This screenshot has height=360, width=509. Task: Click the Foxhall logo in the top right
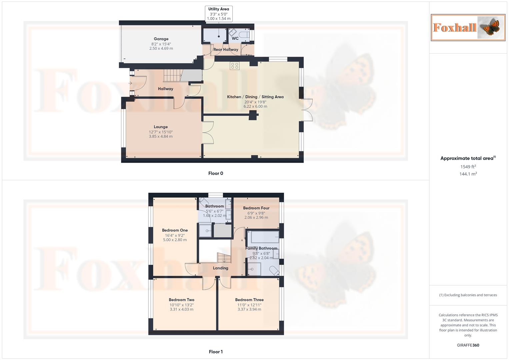tap(468, 28)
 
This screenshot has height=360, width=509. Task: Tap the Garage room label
tap(161, 39)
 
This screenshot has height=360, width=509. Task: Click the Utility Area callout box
tap(219, 14)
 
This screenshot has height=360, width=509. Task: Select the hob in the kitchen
tap(234, 66)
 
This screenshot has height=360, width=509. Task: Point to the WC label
tap(235, 38)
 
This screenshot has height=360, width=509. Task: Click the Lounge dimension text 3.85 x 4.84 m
tap(161, 136)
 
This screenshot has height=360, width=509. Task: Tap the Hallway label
tap(165, 89)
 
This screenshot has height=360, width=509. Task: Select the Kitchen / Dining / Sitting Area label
tap(255, 97)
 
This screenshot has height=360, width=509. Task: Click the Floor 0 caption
tap(216, 173)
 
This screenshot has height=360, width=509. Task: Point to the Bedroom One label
tap(175, 230)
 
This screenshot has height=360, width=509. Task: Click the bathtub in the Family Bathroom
tap(265, 237)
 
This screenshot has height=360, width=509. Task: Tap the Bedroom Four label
tap(256, 208)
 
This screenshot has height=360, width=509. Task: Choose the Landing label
tap(221, 268)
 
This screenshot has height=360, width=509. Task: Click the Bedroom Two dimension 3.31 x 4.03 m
tap(181, 309)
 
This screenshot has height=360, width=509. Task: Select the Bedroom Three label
tap(249, 300)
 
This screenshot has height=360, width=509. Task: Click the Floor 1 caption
tap(216, 352)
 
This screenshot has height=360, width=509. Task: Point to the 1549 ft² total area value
tap(468, 167)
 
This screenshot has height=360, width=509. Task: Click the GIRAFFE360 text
tap(468, 345)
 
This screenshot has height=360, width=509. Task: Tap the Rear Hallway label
tap(226, 50)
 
